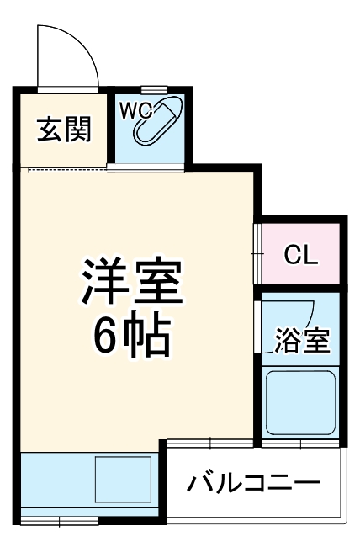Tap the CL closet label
point(300,254)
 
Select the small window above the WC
point(152,88)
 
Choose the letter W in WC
point(127,109)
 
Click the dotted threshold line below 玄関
point(67,169)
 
